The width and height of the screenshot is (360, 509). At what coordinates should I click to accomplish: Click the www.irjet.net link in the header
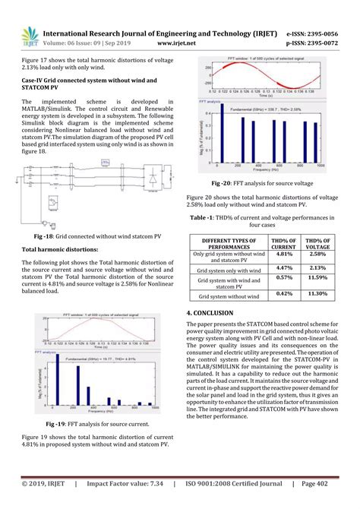[178, 44]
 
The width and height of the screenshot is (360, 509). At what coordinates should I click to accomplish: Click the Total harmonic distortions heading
[60, 249]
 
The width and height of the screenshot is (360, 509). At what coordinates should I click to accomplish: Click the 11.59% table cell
[317, 280]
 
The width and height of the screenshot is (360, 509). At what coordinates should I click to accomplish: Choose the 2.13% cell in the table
[317, 267]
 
